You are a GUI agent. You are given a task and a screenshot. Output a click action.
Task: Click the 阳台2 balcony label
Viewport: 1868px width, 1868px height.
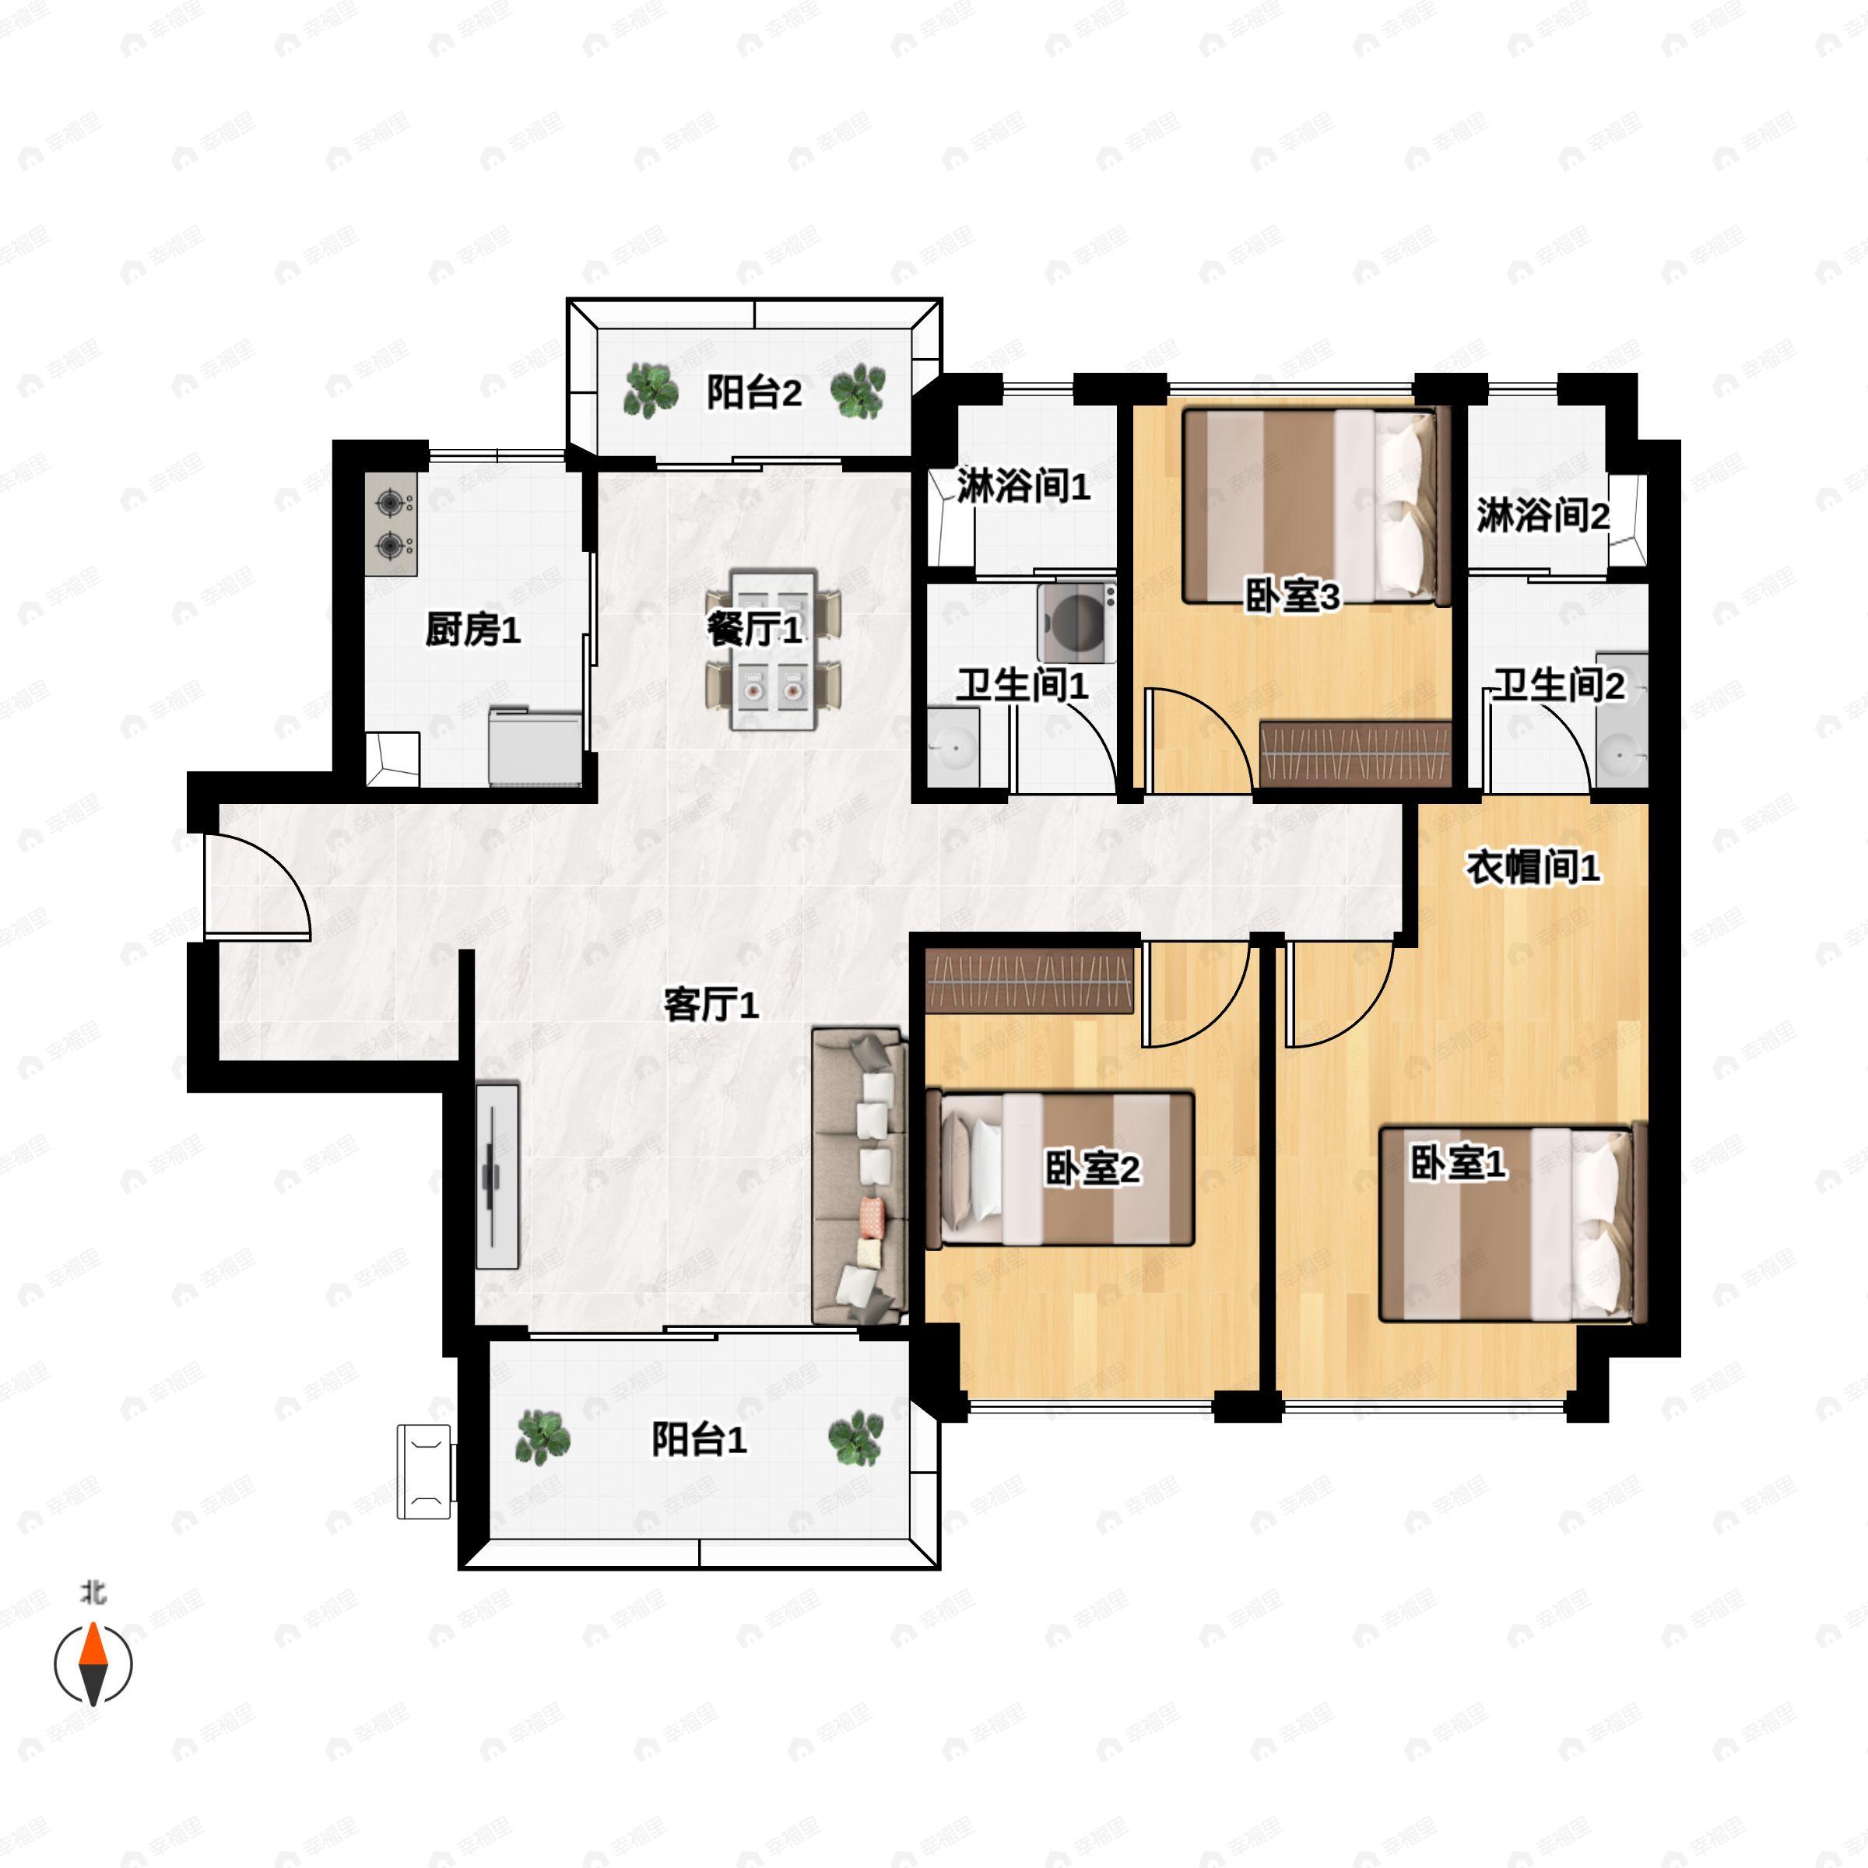pyautogui.click(x=754, y=394)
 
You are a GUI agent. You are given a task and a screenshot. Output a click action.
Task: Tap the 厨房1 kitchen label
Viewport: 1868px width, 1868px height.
pyautogui.click(x=472, y=630)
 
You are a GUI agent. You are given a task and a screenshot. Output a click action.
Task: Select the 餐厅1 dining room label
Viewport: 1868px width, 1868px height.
pyautogui.click(x=754, y=630)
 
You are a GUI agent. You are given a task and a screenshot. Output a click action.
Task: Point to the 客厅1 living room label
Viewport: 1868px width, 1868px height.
pyautogui.click(x=711, y=1005)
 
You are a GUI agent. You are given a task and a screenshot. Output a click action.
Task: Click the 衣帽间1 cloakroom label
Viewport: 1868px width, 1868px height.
pyautogui.click(x=1533, y=867)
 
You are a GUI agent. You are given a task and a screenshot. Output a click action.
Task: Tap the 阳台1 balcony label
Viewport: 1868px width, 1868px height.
pyautogui.click(x=699, y=1440)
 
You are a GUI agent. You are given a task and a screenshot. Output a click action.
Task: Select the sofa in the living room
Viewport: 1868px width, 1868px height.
pyautogui.click(x=859, y=1176)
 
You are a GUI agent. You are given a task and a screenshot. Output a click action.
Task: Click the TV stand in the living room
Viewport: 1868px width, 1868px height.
pyautogui.click(x=497, y=1175)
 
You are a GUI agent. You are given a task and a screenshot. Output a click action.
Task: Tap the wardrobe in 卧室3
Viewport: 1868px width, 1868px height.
pyautogui.click(x=1357, y=753)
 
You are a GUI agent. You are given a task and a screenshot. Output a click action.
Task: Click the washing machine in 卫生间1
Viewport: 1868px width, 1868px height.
pyautogui.click(x=1077, y=623)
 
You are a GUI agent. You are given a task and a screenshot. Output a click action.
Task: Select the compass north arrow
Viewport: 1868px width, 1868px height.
pyautogui.click(x=93, y=1664)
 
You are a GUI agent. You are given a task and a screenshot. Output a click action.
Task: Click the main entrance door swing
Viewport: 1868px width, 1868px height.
pyautogui.click(x=257, y=887)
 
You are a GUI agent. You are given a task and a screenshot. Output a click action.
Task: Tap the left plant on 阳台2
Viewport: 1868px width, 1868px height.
pyautogui.click(x=650, y=392)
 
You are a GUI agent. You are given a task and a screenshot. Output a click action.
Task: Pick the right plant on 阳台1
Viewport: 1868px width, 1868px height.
pyautogui.click(x=855, y=1438)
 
